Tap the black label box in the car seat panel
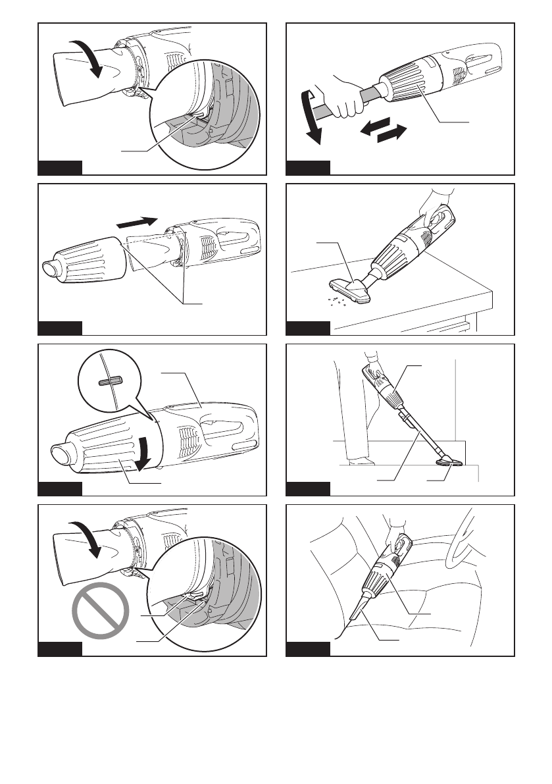point(308,648)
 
